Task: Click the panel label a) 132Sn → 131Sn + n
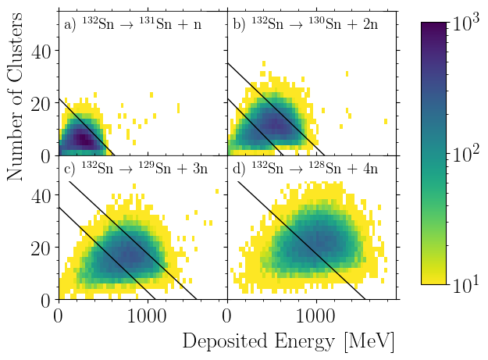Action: point(132,24)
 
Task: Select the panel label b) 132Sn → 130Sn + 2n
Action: point(305,24)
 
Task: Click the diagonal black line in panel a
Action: point(86,126)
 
